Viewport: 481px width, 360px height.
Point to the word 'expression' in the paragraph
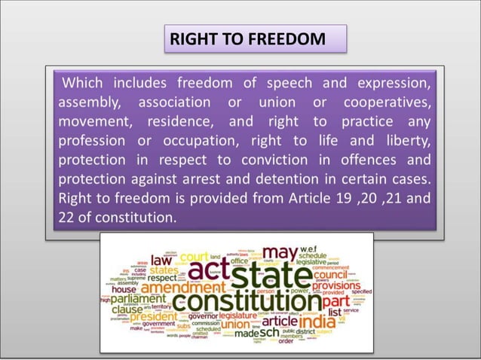[393, 81]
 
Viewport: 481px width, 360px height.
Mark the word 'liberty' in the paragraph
[405, 140]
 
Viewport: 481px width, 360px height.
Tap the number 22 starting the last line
[66, 218]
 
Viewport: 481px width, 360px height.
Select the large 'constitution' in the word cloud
[240, 302]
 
